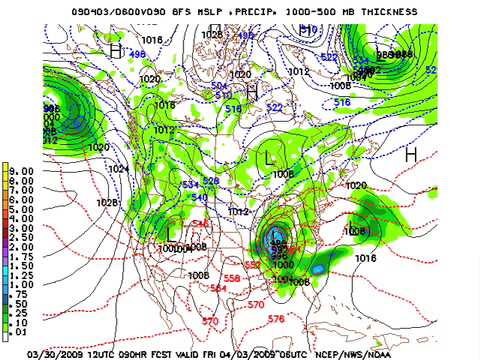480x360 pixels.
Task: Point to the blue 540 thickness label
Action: pos(199,198)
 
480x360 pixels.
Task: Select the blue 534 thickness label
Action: pos(189,185)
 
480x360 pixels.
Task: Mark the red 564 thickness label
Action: pos(218,288)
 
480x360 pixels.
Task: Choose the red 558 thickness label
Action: pos(232,278)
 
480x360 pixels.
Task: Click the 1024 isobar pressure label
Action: pos(119,169)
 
